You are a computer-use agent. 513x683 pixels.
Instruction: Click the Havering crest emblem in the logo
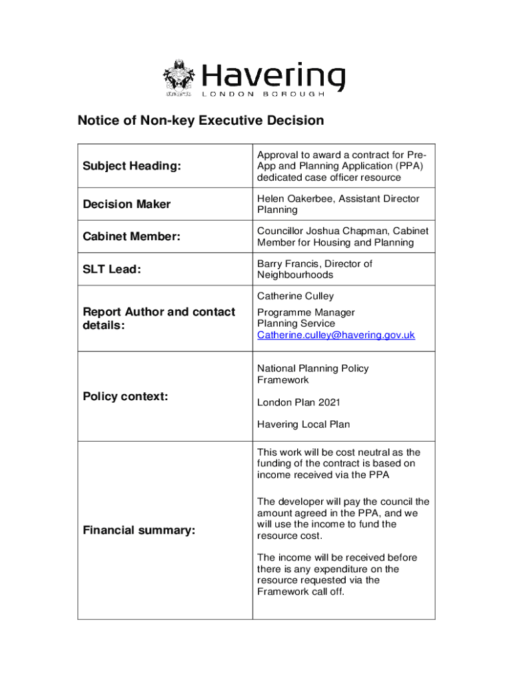point(179,78)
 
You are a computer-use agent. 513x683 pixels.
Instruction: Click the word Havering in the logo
point(273,75)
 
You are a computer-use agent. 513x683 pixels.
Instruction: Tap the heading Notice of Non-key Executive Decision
point(201,121)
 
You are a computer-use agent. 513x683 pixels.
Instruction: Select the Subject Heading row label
point(131,166)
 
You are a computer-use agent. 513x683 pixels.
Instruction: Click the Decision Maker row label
point(127,204)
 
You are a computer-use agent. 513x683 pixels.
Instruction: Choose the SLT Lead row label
point(112,269)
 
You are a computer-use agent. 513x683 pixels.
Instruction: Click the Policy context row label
point(125,396)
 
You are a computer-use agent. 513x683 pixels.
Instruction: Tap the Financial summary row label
point(139,530)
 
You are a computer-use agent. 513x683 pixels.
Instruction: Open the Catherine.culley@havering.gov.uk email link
point(336,335)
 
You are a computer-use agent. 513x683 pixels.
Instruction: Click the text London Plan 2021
point(293,402)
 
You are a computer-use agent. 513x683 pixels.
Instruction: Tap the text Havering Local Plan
point(303,424)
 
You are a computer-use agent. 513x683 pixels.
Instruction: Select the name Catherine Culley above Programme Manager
point(295,295)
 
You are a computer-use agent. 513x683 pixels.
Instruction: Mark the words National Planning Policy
point(312,368)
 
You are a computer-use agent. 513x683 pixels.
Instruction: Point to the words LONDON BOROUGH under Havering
point(263,94)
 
